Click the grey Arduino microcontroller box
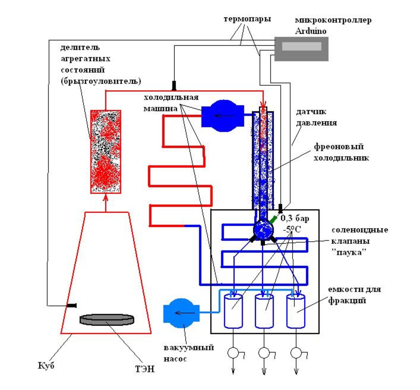coord(301,49)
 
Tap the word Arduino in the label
coord(310,31)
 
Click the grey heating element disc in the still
coord(107,319)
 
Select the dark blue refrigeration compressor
coord(222,116)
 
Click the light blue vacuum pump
coord(181,313)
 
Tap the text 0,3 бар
coord(295,218)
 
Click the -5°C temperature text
coord(292,229)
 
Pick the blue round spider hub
coord(263,230)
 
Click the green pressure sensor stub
coord(273,219)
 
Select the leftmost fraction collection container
coord(233,311)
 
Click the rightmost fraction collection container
coord(296,311)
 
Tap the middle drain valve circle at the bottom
coord(264,353)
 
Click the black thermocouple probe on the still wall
coord(71,305)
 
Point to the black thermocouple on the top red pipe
coord(174,85)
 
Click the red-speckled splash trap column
coord(106,152)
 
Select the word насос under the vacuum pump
coord(175,359)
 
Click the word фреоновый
coord(339,147)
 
